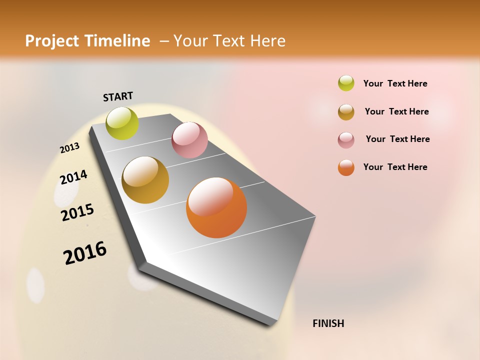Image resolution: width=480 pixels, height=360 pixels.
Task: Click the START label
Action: click(x=118, y=96)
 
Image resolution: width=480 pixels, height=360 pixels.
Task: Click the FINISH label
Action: click(x=328, y=323)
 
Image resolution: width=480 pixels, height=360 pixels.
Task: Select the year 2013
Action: click(x=69, y=148)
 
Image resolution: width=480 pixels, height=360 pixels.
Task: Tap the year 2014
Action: click(x=73, y=177)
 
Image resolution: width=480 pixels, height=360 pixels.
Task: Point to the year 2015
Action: click(x=77, y=212)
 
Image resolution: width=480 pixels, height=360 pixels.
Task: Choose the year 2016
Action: click(x=85, y=253)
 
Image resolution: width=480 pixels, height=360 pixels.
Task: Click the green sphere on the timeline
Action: click(x=122, y=123)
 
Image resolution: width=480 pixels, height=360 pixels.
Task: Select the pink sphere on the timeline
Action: click(x=189, y=140)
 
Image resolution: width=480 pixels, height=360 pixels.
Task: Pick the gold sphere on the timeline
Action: click(x=145, y=180)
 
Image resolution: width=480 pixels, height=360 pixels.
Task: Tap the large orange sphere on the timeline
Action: click(x=216, y=207)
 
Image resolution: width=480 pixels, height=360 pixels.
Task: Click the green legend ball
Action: click(x=346, y=83)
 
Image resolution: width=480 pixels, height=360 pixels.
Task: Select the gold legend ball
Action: click(x=346, y=111)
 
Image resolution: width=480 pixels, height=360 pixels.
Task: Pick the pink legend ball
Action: click(x=346, y=139)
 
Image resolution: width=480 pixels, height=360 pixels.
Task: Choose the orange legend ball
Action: click(x=346, y=167)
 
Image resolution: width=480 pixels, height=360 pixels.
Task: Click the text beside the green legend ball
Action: click(x=395, y=84)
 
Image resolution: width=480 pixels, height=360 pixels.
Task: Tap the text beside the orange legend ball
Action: click(x=395, y=167)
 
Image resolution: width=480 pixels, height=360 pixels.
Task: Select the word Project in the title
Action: click(x=50, y=41)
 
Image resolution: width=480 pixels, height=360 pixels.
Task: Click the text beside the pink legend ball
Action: click(x=397, y=139)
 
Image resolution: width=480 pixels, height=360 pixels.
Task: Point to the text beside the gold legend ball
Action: click(x=396, y=111)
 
